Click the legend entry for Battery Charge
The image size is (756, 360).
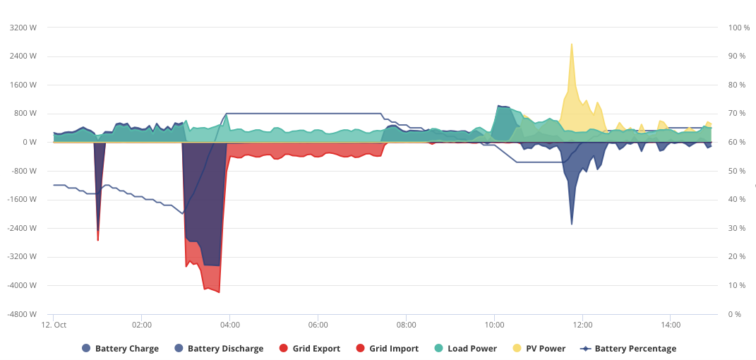click(x=120, y=349)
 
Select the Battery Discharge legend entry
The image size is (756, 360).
click(x=219, y=349)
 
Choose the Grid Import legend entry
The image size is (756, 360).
click(x=387, y=349)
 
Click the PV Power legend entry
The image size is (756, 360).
click(x=539, y=349)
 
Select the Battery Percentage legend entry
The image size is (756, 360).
click(x=629, y=349)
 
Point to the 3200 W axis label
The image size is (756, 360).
click(x=23, y=28)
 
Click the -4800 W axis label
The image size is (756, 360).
click(x=22, y=314)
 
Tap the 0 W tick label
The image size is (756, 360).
click(x=29, y=142)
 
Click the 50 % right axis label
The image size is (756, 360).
click(x=737, y=171)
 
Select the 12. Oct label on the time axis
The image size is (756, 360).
click(x=54, y=325)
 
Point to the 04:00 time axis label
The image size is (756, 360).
click(x=230, y=325)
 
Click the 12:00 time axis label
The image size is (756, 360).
click(x=582, y=325)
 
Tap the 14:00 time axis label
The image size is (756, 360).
click(x=671, y=325)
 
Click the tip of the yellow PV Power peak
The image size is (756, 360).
click(x=572, y=44)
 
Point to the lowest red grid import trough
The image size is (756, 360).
click(x=220, y=292)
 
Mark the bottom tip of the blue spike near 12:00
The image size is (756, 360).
click(x=572, y=224)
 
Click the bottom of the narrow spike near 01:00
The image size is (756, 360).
click(x=98, y=240)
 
